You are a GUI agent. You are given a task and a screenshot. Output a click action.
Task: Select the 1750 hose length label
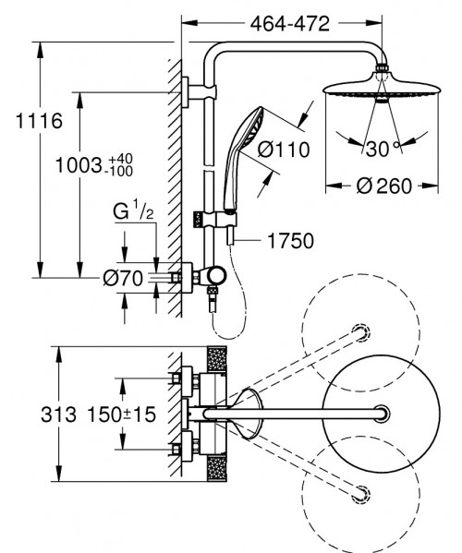(x=290, y=241)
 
